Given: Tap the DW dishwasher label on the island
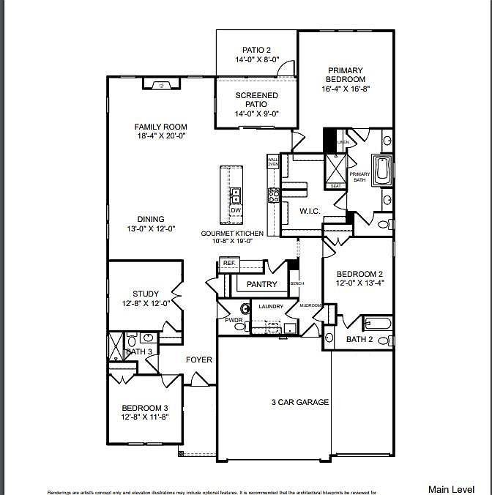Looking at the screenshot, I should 236,211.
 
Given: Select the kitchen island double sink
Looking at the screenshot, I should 236,195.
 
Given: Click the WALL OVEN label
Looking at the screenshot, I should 272,161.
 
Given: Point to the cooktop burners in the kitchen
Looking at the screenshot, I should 273,195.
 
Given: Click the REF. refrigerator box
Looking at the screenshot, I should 228,263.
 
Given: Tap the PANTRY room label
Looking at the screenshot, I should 261,284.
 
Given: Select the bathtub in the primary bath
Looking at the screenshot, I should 384,171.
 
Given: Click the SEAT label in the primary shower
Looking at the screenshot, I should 336,186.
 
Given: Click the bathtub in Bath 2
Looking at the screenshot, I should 377,323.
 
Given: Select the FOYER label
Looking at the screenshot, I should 198,360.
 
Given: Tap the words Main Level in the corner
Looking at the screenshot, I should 451,488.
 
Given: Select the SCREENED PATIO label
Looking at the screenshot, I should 256,100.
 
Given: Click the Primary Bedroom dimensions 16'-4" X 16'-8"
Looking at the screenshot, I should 346,89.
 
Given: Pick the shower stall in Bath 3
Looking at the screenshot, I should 116,346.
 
